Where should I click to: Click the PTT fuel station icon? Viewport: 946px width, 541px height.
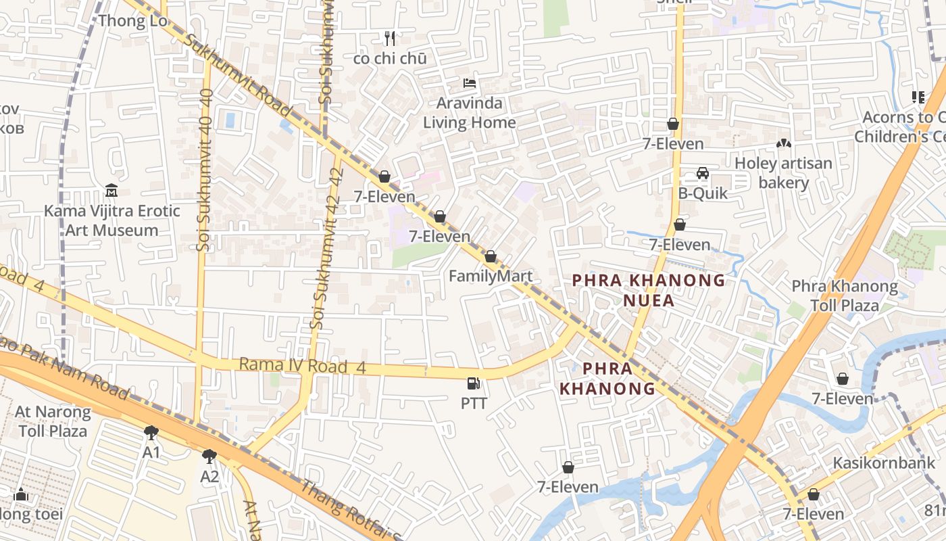click(x=474, y=383)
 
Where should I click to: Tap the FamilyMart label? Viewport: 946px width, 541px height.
click(x=491, y=276)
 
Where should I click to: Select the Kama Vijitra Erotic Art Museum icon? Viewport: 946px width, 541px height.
click(x=111, y=191)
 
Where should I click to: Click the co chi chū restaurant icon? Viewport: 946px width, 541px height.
click(x=389, y=38)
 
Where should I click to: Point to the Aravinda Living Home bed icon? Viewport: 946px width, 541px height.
click(x=470, y=83)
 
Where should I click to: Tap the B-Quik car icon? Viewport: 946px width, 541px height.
click(x=703, y=173)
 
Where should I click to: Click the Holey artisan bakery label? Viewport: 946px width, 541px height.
click(x=783, y=172)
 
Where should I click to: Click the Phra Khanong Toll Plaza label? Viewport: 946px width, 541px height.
click(x=845, y=296)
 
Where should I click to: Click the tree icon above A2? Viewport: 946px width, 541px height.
click(x=209, y=456)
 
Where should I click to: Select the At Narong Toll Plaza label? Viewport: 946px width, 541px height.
click(x=53, y=421)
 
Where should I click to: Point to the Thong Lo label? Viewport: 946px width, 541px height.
click(x=132, y=20)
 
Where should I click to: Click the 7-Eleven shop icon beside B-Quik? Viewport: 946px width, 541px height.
click(x=680, y=225)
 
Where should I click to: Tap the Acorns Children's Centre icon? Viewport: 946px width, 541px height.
click(x=918, y=97)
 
